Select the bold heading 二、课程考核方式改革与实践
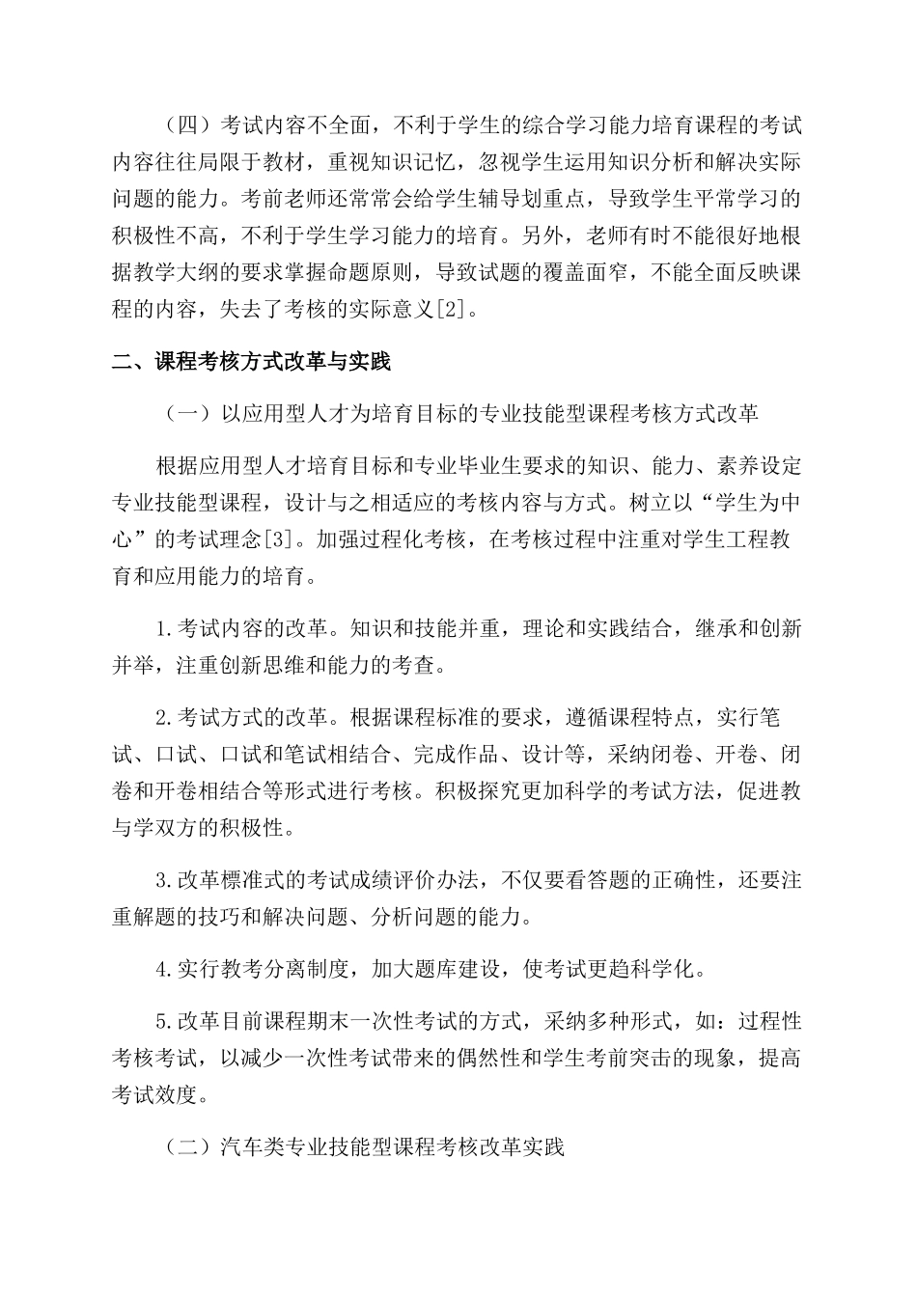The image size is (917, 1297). coord(251,363)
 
